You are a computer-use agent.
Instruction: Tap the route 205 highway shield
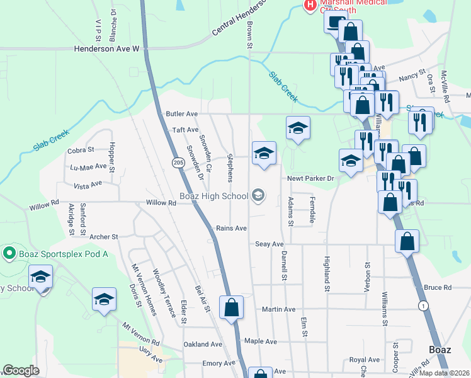coord(178,163)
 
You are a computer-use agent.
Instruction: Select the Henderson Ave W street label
coord(106,48)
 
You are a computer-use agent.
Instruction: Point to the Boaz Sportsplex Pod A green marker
coord(9,254)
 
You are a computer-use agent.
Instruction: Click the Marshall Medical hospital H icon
coord(310,5)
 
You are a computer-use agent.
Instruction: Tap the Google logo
coord(21,371)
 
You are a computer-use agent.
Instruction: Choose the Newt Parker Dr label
coord(310,178)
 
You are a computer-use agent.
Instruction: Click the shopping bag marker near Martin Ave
coord(231,308)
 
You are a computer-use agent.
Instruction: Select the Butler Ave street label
coord(182,114)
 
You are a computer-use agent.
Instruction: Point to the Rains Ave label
coord(231,228)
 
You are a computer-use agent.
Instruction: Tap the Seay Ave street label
coord(270,244)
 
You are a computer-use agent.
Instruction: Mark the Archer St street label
coord(104,237)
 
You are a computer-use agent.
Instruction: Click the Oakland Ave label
coord(203,345)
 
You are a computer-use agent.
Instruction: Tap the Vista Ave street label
coord(88,185)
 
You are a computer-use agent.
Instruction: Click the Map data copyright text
coord(443,372)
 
